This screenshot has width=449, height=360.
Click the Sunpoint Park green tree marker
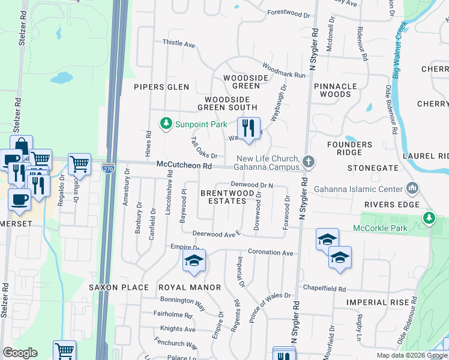(166, 124)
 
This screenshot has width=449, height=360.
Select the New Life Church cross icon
(308, 161)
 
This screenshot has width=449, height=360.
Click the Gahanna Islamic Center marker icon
(412, 189)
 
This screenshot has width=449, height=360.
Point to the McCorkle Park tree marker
(429, 217)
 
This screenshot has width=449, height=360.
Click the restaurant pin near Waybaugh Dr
(248, 128)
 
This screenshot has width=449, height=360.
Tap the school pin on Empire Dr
(194, 260)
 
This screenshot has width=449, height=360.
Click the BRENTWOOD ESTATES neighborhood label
(223, 197)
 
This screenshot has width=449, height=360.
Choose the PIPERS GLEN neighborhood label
(161, 87)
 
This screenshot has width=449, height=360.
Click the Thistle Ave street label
(179, 44)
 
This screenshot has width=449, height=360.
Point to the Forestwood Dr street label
(288, 12)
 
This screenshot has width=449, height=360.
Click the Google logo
(19, 353)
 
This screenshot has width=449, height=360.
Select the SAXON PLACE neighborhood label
(118, 287)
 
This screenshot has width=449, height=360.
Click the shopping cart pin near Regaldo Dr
(79, 163)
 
